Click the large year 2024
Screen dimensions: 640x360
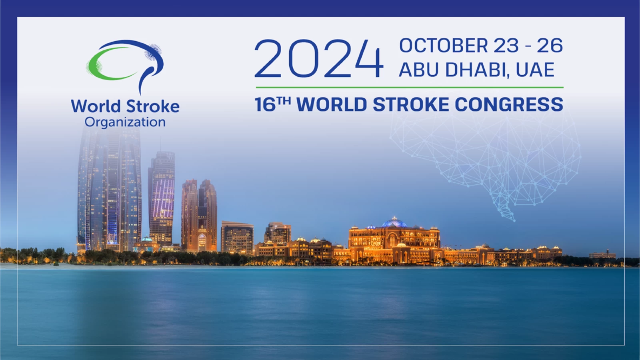[x=318, y=58]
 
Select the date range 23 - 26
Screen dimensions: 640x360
[x=528, y=46]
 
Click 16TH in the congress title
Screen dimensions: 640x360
[x=273, y=104]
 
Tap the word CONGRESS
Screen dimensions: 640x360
[x=509, y=104]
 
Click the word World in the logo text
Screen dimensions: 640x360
[x=96, y=106]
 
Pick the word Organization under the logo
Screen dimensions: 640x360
[x=125, y=122]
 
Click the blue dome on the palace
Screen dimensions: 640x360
[x=394, y=222]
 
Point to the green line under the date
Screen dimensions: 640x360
[x=410, y=88]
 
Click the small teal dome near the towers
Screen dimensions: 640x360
[x=147, y=239]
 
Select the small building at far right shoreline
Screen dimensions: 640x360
[x=602, y=255]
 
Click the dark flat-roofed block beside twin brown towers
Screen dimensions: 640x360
[x=237, y=238]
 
